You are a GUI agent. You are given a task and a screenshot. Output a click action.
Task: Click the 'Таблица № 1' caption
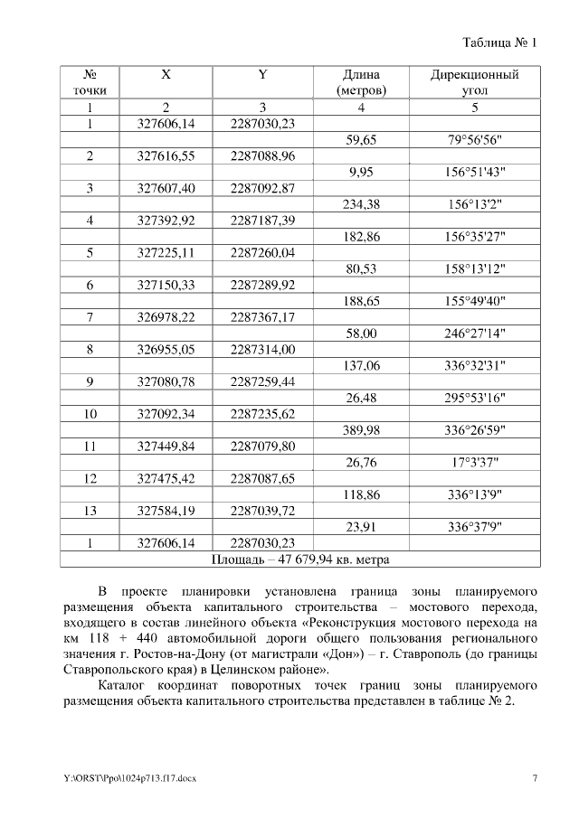pyautogui.click(x=500, y=42)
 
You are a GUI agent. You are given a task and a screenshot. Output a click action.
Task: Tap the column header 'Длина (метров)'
pyautogui.click(x=361, y=82)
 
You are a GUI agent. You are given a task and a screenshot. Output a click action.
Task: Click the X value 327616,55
pyautogui.click(x=166, y=155)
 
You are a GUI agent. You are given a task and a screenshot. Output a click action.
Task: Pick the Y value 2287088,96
pyautogui.click(x=263, y=155)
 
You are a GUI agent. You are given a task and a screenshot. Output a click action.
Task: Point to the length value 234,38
pyautogui.click(x=361, y=204)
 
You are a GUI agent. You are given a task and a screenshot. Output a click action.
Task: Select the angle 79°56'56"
pyautogui.click(x=475, y=139)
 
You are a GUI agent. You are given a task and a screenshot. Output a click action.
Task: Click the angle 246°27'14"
pyautogui.click(x=475, y=334)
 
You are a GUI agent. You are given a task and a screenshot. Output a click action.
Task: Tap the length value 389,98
pyautogui.click(x=361, y=430)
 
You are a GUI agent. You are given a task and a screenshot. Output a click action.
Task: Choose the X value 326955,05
pyautogui.click(x=166, y=350)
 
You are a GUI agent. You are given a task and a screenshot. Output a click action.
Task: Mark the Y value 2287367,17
pyautogui.click(x=263, y=317)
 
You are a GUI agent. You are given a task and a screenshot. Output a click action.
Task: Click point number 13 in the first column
pyautogui.click(x=90, y=512)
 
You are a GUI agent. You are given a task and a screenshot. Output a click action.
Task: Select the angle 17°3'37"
pyautogui.click(x=475, y=463)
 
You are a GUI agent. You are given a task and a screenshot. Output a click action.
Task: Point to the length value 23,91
pyautogui.click(x=361, y=527)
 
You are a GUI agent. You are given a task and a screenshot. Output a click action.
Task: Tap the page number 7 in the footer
pyautogui.click(x=535, y=776)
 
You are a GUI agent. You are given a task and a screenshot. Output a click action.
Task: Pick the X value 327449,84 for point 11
pyautogui.click(x=166, y=447)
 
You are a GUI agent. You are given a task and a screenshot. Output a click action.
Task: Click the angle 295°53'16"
pyautogui.click(x=475, y=399)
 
